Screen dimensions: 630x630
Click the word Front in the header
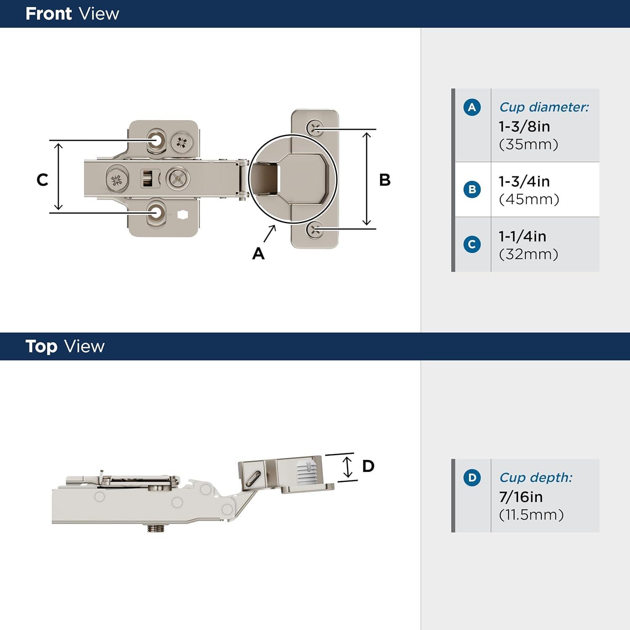coord(48,14)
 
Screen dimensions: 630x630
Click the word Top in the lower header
coord(41,346)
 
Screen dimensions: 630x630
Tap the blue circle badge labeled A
coord(472,108)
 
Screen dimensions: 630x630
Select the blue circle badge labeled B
coord(472,189)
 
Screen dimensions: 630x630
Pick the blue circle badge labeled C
coord(472,244)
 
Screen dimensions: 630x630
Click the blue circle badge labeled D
coord(472,478)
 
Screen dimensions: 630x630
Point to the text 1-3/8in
coord(524,126)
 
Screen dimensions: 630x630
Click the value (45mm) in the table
coord(529,199)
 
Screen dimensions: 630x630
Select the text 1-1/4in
coord(522,236)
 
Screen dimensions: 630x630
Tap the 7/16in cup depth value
coord(521,497)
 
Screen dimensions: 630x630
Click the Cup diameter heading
coord(544,108)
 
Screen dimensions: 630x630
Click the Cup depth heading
coord(535,478)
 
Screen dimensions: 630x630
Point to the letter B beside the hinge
coord(385,180)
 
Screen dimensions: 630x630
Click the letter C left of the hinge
coord(42,180)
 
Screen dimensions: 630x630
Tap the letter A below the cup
coord(258,254)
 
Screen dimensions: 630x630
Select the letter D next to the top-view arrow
coord(368,466)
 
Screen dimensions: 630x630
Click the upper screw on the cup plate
coord(314,127)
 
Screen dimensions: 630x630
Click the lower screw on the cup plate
coord(314,229)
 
